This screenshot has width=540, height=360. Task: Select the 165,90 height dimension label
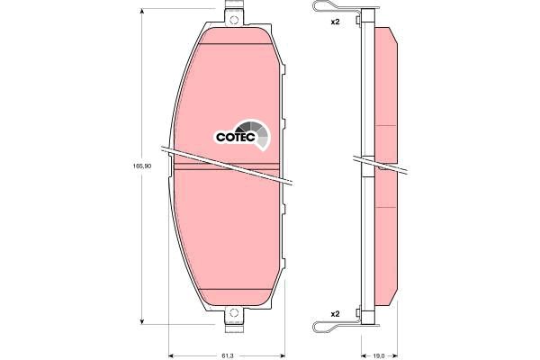[140, 166]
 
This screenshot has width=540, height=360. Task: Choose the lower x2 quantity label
[335, 313]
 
